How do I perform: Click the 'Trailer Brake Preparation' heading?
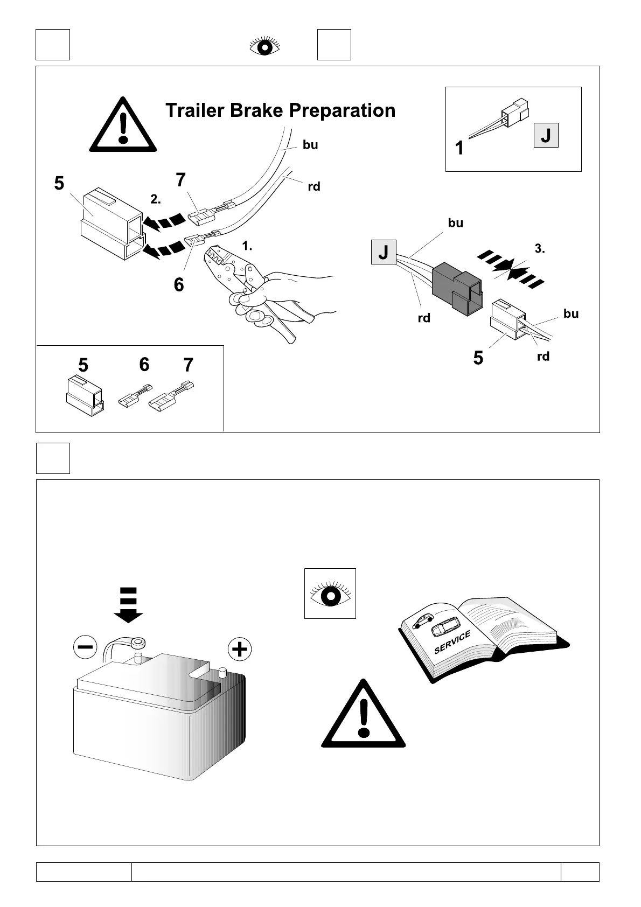(280, 110)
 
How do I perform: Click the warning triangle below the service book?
(364, 717)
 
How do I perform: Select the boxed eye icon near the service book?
(330, 594)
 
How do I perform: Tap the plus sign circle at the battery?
(240, 649)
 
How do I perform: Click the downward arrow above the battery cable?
(128, 605)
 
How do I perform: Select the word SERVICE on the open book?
(452, 642)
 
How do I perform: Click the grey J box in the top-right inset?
(546, 135)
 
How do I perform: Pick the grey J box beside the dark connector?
(384, 252)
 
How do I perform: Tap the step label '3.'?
(540, 249)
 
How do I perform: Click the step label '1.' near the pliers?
(247, 246)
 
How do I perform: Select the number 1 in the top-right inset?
(459, 148)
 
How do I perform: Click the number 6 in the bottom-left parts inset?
(144, 365)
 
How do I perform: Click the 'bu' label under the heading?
(310, 145)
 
